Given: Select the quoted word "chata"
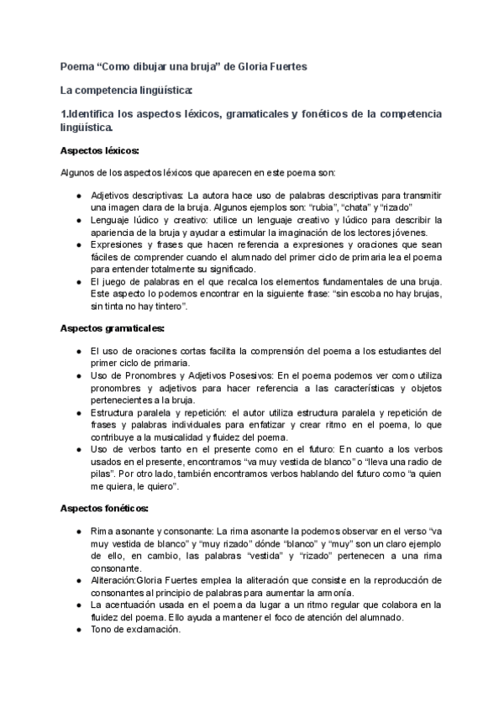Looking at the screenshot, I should pos(365,207).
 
